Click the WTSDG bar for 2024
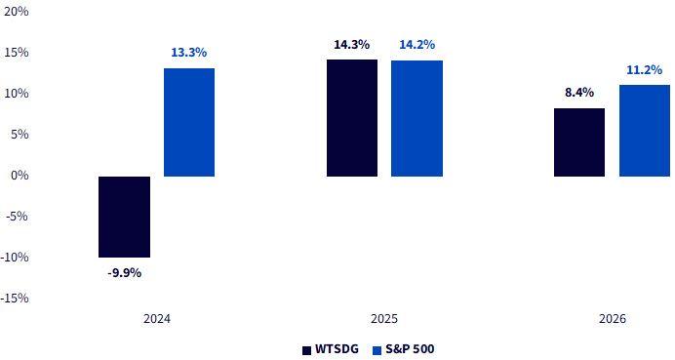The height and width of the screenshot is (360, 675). tap(125, 217)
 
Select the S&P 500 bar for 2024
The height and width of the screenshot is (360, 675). tap(189, 122)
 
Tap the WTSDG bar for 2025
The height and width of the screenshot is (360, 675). tap(352, 118)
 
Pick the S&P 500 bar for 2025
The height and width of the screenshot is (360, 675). tap(417, 118)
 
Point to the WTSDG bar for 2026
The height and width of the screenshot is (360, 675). tap(579, 142)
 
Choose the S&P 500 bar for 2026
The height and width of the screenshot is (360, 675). tap(645, 131)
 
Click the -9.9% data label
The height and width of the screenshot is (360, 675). tap(125, 272)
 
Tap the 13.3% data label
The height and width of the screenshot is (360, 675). tap(189, 53)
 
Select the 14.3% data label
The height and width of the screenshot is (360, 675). tap(352, 44)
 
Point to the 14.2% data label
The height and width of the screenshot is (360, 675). tap(417, 44)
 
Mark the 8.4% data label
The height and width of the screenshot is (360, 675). tap(579, 93)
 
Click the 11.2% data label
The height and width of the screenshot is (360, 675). tap(645, 70)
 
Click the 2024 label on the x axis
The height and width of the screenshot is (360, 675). tap(157, 319)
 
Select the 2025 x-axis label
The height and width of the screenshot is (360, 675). tap(384, 319)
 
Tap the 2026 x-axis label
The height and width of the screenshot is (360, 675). tap(613, 319)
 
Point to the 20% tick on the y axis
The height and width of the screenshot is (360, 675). tap(16, 12)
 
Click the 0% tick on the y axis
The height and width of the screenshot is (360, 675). tap(19, 176)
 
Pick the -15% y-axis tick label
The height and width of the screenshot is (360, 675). tap(15, 298)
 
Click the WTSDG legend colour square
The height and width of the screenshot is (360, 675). tap(306, 350)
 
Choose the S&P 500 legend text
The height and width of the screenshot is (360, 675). tap(410, 349)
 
